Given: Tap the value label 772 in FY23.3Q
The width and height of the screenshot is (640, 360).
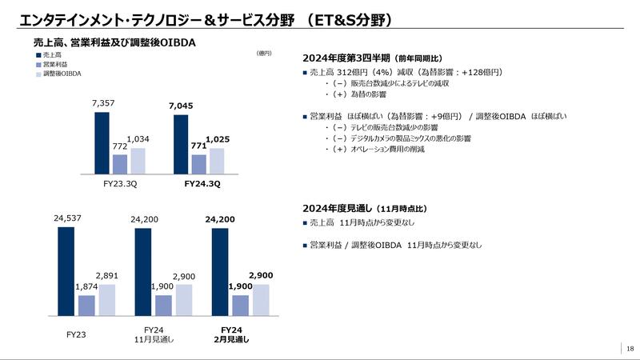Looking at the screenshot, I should click(119, 148).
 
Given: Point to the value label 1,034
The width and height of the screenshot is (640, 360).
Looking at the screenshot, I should click(138, 140).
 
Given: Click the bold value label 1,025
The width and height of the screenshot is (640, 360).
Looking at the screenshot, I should click(218, 140).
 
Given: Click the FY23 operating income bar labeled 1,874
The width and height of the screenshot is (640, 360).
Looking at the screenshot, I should click(86, 306).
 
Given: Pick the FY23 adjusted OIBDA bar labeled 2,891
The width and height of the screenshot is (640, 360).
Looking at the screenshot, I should click(107, 300).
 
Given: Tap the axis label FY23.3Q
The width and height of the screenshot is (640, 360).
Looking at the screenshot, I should click(119, 184).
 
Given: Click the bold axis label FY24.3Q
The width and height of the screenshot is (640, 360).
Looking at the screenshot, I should click(198, 184).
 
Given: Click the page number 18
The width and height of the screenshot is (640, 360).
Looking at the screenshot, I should click(630, 348).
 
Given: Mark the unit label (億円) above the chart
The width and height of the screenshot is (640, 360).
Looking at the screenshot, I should click(264, 54).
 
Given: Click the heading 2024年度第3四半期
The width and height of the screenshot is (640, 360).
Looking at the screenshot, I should click(346, 58).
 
